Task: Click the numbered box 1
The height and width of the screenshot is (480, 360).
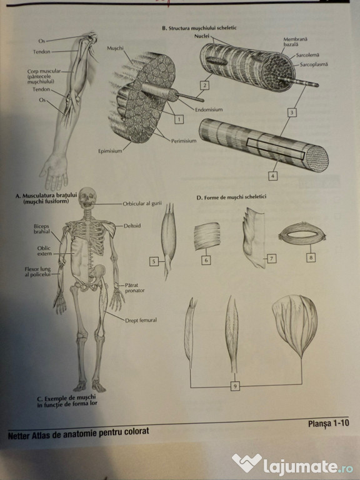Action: (x=179, y=119)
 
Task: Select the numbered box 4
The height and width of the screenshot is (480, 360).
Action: (x=272, y=176)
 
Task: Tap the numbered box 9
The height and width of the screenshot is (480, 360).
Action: (x=235, y=386)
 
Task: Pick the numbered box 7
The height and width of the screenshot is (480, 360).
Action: (x=271, y=259)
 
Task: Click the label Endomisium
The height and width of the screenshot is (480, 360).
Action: (x=209, y=109)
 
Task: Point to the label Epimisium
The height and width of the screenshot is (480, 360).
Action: (x=110, y=151)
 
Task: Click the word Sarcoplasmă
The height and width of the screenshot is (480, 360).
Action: (x=314, y=64)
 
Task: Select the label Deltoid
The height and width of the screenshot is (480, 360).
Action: (x=132, y=226)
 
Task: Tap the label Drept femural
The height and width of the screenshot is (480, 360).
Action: (x=141, y=320)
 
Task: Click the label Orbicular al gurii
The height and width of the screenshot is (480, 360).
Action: (x=142, y=204)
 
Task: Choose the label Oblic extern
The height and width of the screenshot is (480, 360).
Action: (x=44, y=251)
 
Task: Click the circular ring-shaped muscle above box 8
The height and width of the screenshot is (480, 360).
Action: (x=302, y=236)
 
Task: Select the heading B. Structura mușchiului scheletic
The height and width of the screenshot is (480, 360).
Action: (x=199, y=28)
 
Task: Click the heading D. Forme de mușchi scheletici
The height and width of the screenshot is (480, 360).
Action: (x=231, y=197)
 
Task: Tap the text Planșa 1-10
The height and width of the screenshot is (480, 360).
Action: (x=329, y=423)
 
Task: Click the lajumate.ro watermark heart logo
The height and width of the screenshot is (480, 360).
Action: (x=247, y=462)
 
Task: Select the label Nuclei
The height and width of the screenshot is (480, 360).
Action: (x=202, y=36)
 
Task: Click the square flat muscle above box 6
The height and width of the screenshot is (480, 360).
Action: (x=207, y=236)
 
